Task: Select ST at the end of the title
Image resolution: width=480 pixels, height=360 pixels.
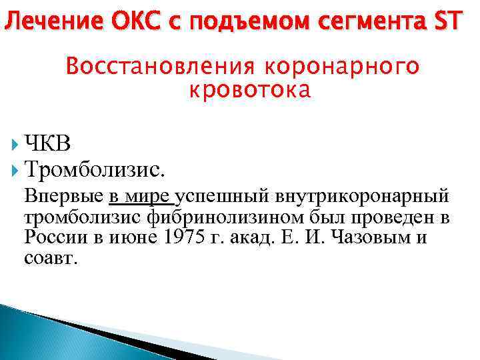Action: tap(446, 22)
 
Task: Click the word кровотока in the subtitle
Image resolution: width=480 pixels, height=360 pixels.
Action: tap(250, 91)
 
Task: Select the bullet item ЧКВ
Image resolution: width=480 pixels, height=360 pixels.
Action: tap(47, 143)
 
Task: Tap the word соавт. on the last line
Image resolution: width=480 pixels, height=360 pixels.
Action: tap(51, 259)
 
